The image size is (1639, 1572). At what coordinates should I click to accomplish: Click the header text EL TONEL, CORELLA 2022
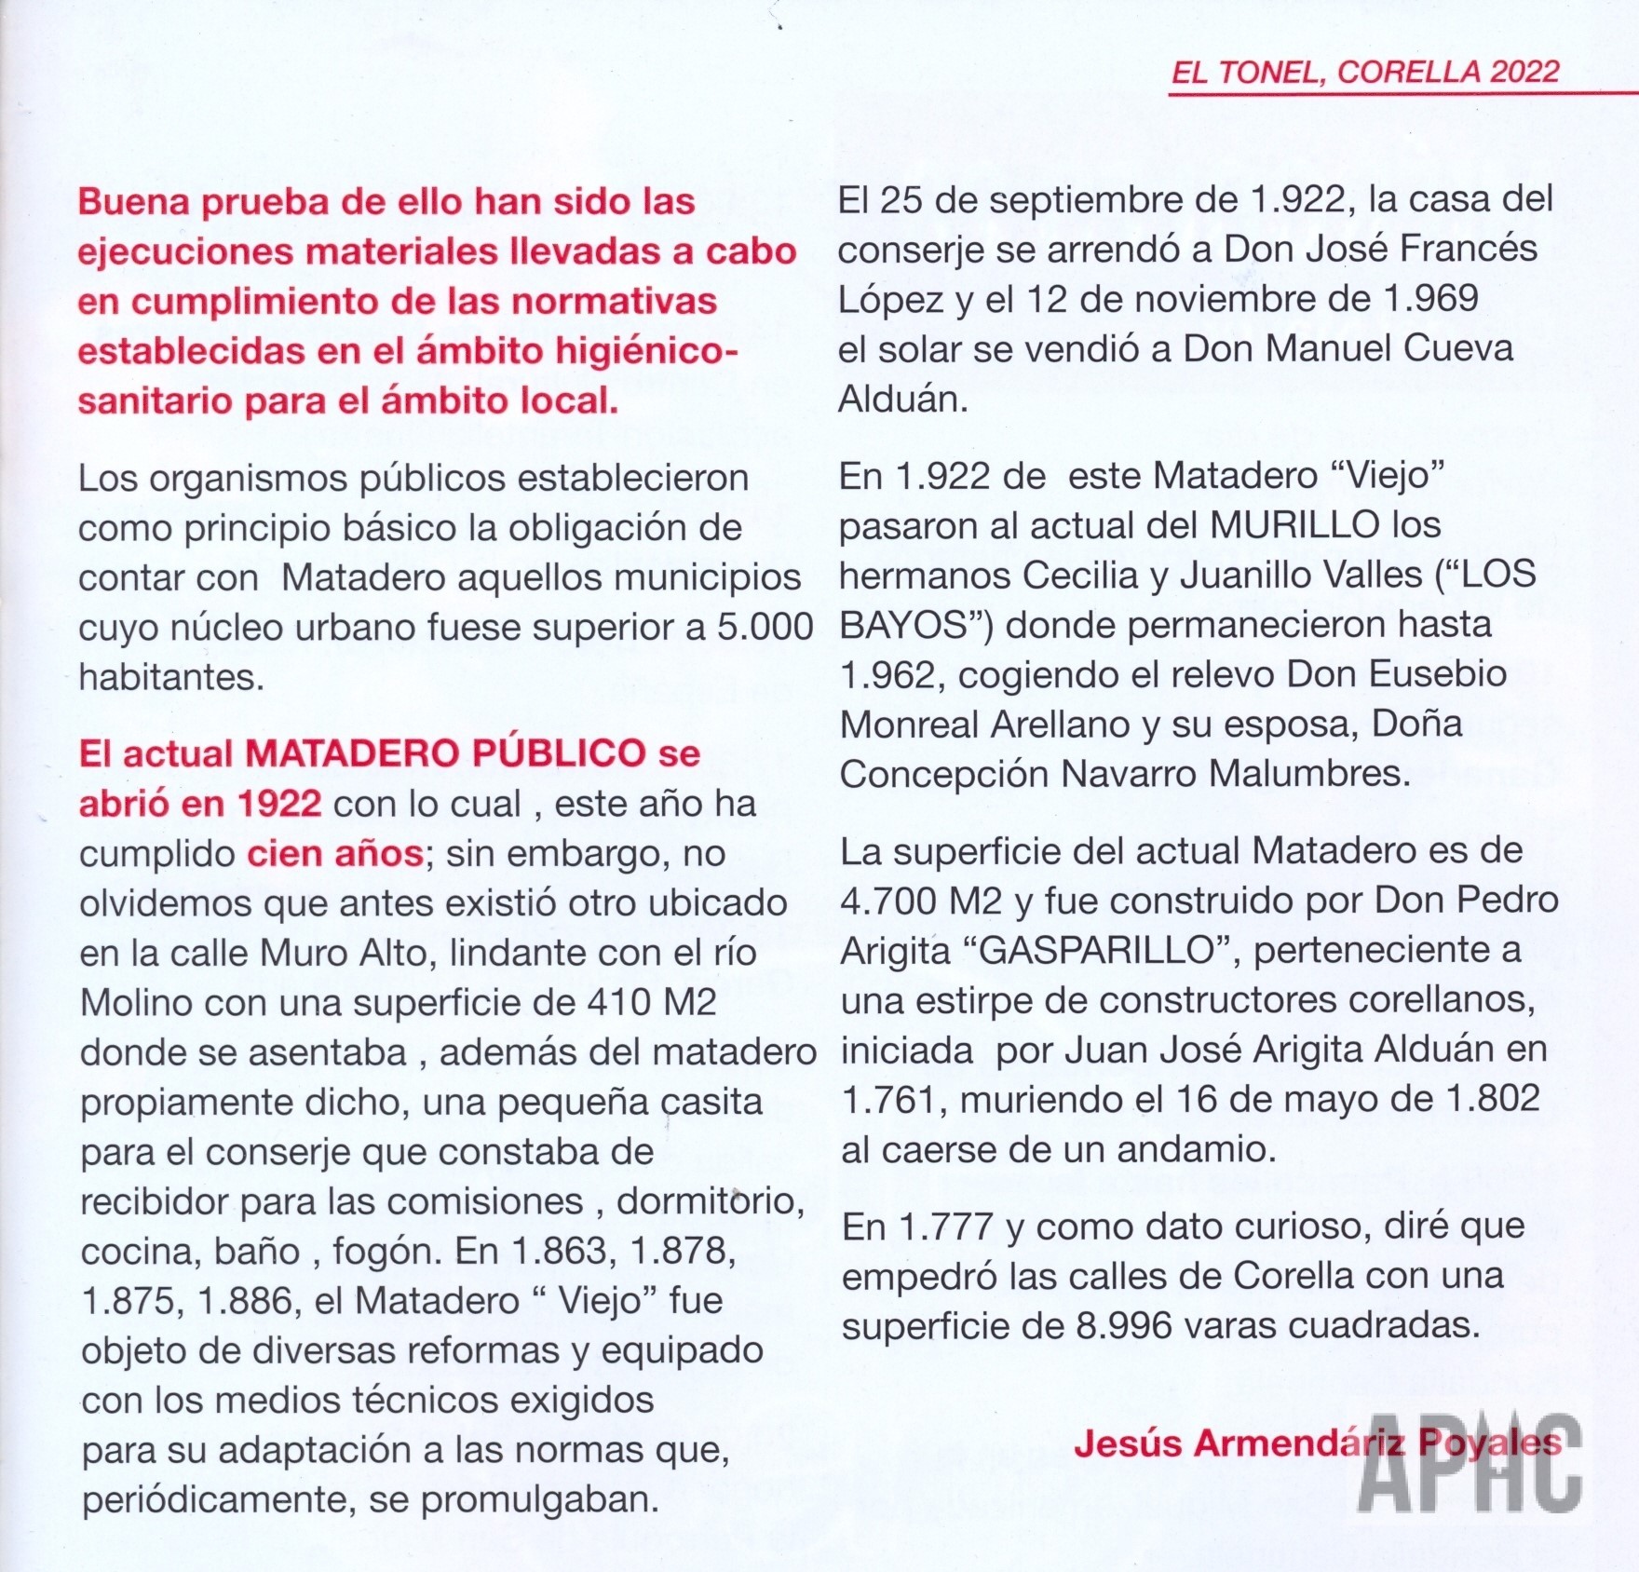click(x=1364, y=73)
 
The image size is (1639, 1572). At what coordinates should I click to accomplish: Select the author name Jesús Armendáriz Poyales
click(x=1317, y=1443)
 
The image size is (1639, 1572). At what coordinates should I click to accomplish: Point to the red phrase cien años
click(x=335, y=853)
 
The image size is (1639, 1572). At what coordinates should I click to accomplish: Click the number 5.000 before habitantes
click(x=765, y=627)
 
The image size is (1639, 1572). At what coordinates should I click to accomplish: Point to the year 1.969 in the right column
click(x=1430, y=298)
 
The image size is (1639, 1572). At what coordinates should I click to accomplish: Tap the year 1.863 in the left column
click(x=562, y=1251)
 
